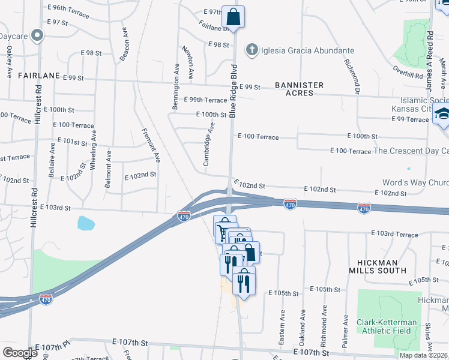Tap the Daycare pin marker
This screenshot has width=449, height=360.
[x=37, y=35]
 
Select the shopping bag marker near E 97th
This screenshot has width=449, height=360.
[x=233, y=16]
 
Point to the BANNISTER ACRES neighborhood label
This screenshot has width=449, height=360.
[x=299, y=89]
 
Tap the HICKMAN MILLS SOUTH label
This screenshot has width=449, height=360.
[x=374, y=266]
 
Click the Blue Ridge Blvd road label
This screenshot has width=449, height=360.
[x=234, y=90]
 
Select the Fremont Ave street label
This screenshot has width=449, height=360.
[x=151, y=145]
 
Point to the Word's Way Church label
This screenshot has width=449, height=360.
[x=415, y=182]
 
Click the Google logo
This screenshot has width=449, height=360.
[x=19, y=352]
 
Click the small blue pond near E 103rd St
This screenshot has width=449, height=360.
[x=86, y=224]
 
